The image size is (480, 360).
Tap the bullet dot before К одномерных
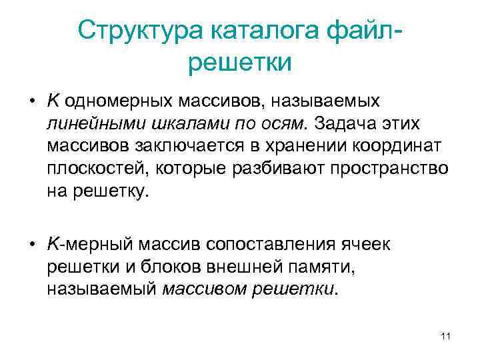coord(31,101)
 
